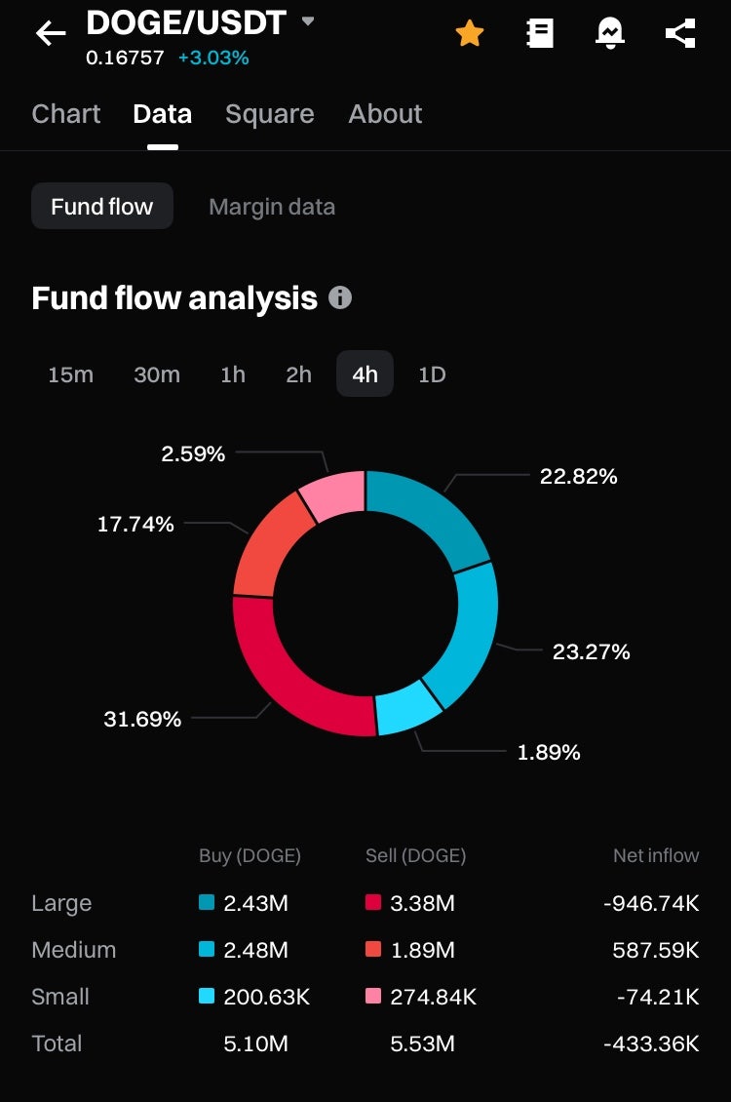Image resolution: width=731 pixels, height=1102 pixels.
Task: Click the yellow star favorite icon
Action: click(x=469, y=34)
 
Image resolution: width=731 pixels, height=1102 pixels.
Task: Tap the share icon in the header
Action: click(x=679, y=34)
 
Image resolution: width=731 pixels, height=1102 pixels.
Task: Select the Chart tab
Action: click(x=65, y=114)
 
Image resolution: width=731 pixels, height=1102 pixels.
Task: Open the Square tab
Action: click(x=269, y=114)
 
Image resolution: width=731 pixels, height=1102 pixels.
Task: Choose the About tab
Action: click(x=385, y=114)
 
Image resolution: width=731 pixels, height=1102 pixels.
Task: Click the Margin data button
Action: click(x=272, y=207)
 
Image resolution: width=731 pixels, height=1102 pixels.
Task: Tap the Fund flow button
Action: click(x=102, y=207)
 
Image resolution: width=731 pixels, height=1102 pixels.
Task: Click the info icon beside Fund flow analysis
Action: click(x=340, y=297)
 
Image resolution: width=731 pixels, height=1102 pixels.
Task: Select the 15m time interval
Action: click(x=70, y=374)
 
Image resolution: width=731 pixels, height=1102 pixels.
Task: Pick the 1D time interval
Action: click(x=432, y=374)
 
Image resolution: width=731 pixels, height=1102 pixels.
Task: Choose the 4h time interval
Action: click(x=365, y=374)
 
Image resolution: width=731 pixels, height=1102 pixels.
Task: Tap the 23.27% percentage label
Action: click(x=591, y=651)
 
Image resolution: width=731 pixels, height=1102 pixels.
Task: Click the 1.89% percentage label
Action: click(x=549, y=752)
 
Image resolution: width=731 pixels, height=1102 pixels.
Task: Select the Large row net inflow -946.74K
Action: click(x=651, y=903)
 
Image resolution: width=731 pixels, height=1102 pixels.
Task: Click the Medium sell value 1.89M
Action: click(x=422, y=950)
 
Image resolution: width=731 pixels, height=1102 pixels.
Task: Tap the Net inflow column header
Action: click(x=656, y=855)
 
